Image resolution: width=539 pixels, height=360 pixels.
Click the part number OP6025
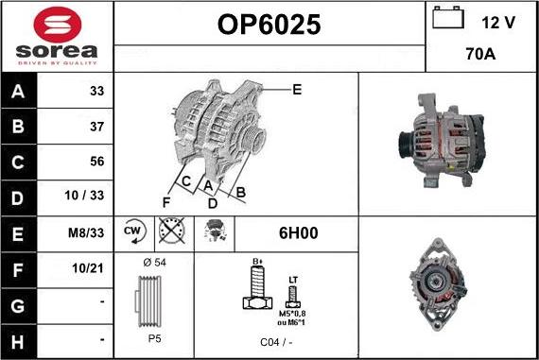tap(269, 26)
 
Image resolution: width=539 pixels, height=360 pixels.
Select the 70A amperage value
tap(481, 56)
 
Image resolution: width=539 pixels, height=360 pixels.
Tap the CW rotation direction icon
tap(132, 231)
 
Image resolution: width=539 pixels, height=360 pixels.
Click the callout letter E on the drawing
tap(297, 90)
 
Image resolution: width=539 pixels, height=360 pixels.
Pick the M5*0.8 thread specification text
tap(292, 314)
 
